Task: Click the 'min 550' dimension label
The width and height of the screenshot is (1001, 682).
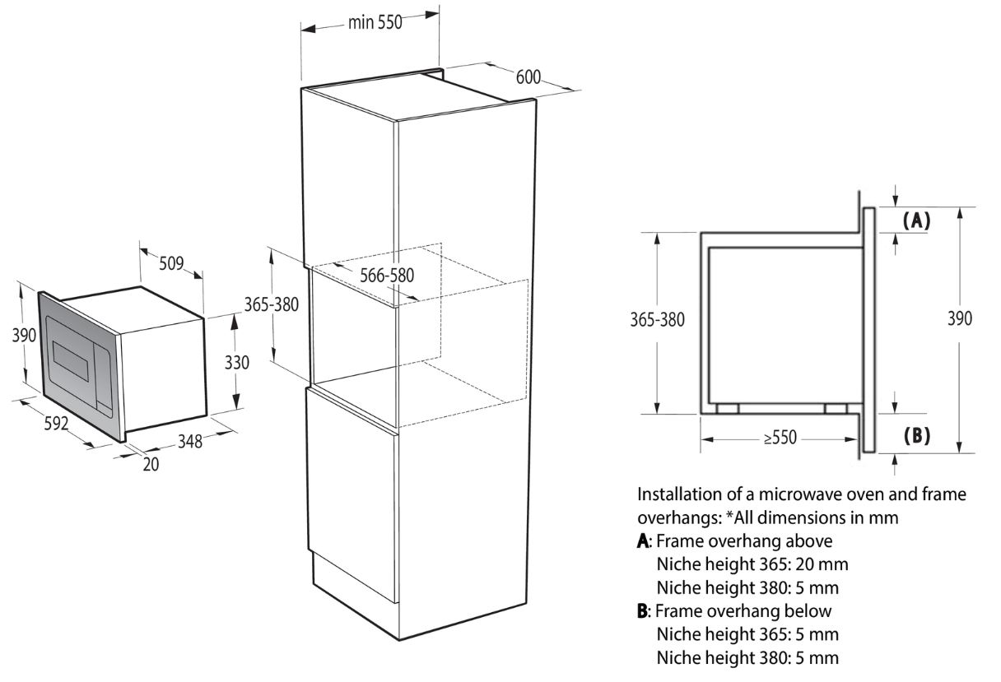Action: (x=375, y=22)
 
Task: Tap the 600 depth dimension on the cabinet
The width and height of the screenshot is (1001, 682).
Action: (x=528, y=77)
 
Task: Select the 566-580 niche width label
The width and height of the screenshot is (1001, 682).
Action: (x=387, y=275)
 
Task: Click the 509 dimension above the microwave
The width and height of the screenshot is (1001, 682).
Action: (x=171, y=263)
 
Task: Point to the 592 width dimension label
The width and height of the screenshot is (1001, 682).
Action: (x=56, y=423)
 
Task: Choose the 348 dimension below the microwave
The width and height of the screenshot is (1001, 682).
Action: (x=190, y=441)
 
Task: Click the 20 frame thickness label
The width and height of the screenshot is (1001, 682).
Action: (x=151, y=465)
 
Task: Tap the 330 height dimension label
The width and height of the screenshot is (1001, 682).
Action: (x=236, y=363)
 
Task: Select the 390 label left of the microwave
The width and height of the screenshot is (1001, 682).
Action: (x=24, y=335)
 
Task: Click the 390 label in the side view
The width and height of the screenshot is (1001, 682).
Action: (x=960, y=318)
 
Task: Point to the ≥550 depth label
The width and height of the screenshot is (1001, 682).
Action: (x=780, y=438)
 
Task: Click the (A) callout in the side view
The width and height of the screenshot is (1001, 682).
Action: (x=916, y=220)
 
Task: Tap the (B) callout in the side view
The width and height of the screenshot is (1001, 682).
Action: (x=916, y=435)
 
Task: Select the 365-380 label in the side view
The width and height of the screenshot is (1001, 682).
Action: (x=658, y=320)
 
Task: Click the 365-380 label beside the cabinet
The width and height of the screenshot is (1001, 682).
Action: (x=272, y=304)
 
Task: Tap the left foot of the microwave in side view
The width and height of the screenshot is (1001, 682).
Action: (x=728, y=409)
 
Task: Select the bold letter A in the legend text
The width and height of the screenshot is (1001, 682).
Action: (x=643, y=541)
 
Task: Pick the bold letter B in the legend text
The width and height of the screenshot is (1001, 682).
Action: (x=642, y=611)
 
